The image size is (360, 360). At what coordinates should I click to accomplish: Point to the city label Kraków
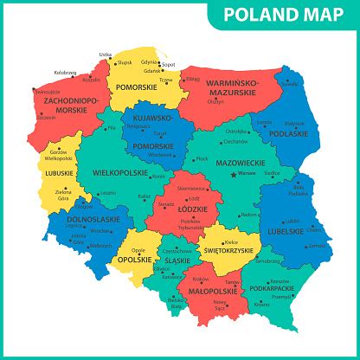tap(202, 279)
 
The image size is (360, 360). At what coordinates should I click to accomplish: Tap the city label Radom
tap(250, 212)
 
